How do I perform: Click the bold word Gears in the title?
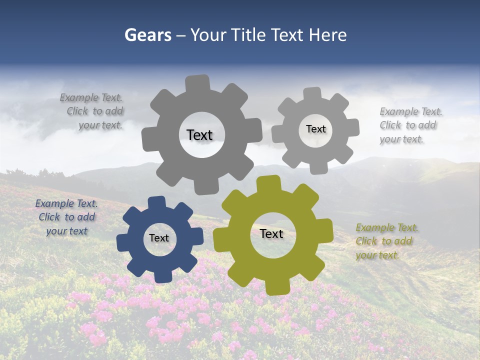pyautogui.click(x=147, y=35)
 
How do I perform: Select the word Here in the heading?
pyautogui.click(x=328, y=35)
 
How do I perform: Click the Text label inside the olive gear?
pyautogui.click(x=271, y=234)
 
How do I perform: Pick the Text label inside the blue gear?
pyautogui.click(x=159, y=238)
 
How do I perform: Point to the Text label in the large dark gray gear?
pyautogui.click(x=199, y=135)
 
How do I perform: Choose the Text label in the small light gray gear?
pyautogui.click(x=315, y=129)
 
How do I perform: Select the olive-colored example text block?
pyautogui.click(x=387, y=241)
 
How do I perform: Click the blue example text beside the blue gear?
pyautogui.click(x=66, y=217)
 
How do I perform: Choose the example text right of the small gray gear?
pyautogui.click(x=410, y=125)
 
